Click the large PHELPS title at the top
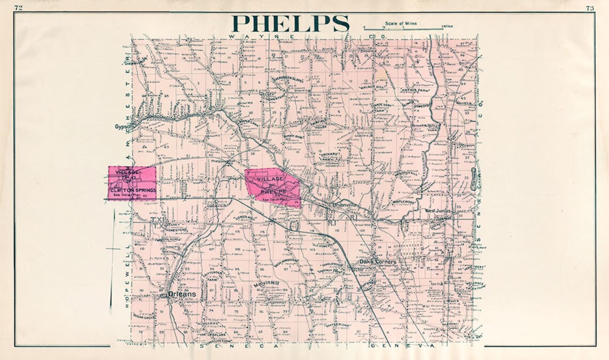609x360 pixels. [x=291, y=24]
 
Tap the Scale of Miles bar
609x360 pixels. [x=403, y=27]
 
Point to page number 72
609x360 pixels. [x=19, y=7]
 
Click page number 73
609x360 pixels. [x=590, y=7]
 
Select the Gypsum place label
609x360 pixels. [x=123, y=127]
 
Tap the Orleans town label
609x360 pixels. [x=182, y=294]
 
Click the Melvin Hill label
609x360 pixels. [x=267, y=283]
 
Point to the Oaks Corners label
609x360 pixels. [x=378, y=262]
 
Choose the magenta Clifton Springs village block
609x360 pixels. [x=132, y=183]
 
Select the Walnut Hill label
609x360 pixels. [x=374, y=85]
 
